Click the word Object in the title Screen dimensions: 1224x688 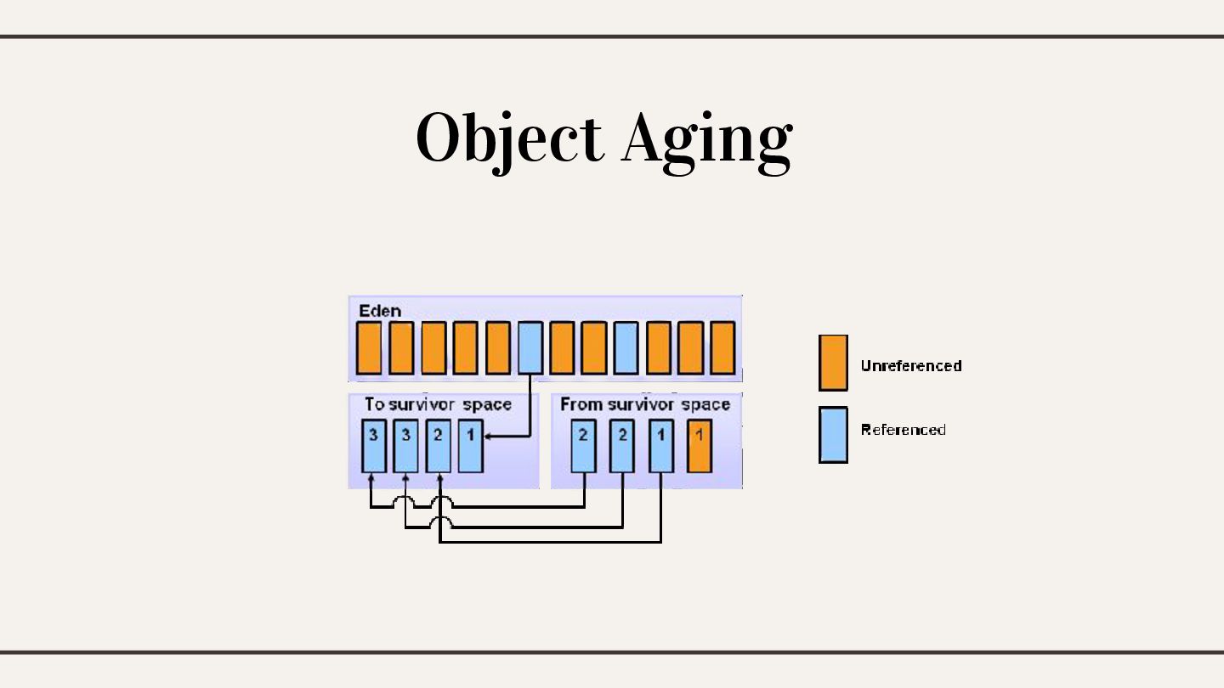point(508,138)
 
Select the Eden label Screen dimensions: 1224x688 point(380,310)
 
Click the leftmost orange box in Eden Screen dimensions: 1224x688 point(369,347)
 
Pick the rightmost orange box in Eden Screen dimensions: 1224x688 point(722,347)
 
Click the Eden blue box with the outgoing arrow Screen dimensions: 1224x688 point(530,347)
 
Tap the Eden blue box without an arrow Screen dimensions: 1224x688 point(626,347)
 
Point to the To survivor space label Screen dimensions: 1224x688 point(438,404)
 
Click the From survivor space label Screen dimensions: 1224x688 point(645,404)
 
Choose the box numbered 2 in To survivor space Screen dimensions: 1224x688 point(439,445)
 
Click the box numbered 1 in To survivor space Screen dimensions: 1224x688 point(470,445)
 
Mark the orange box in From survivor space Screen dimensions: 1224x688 point(699,445)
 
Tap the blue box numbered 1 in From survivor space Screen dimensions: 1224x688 point(661,445)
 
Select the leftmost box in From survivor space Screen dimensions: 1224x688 point(583,445)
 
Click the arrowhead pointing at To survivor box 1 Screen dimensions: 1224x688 point(488,436)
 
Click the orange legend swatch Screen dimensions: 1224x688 point(833,363)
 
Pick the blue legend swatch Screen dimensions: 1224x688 point(833,434)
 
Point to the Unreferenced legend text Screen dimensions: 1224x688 point(911,366)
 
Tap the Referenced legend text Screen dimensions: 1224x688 point(904,430)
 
